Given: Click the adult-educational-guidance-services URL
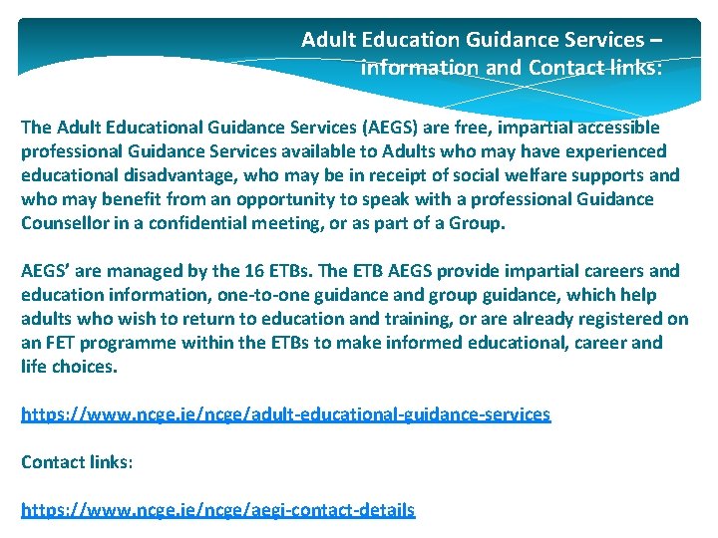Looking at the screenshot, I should pos(285,414).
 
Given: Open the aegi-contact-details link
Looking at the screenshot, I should pos(217,510).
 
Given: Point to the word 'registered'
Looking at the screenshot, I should pos(619,319).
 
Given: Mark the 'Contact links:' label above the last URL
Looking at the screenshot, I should pos(77,462).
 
